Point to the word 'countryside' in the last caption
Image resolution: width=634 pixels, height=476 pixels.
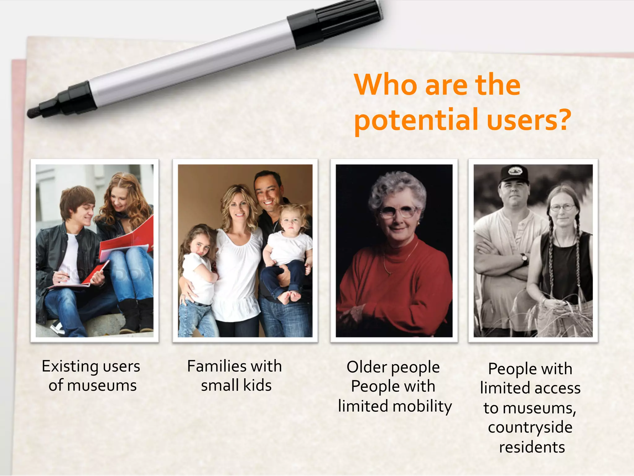click(x=530, y=427)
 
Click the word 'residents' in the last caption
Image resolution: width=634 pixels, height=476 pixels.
click(x=532, y=447)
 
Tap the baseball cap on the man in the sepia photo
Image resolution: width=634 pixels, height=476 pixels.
click(x=514, y=173)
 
